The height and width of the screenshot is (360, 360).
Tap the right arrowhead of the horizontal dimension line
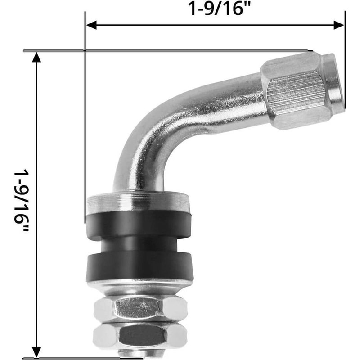(x=339, y=25)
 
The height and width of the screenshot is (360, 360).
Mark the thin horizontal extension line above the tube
(x=180, y=51)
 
